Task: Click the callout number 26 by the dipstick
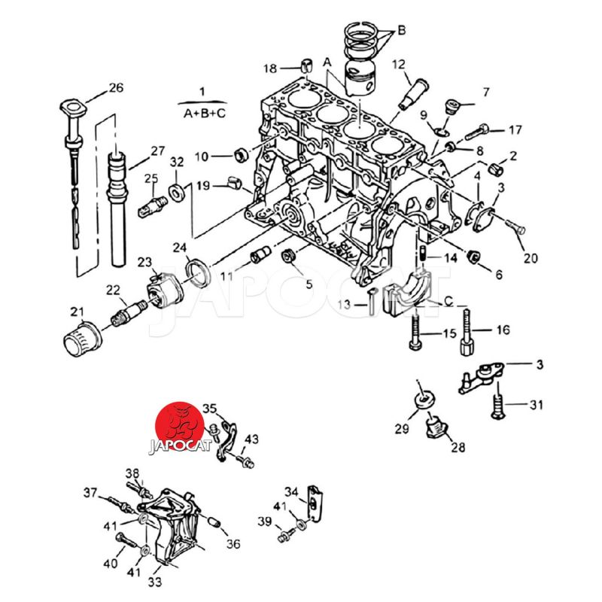115,88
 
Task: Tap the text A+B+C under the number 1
202,113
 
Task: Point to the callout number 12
398,65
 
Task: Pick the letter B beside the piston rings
401,30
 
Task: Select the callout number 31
535,406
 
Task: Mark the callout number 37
90,493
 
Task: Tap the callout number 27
157,150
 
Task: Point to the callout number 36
233,544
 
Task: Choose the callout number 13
344,304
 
